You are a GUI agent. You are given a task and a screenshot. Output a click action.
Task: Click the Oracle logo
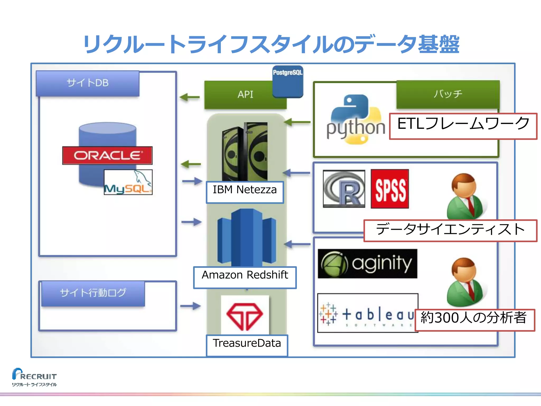coord(107,155)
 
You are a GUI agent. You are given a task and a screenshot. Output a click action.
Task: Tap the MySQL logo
coord(128,182)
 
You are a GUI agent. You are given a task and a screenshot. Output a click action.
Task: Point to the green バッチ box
coord(448,94)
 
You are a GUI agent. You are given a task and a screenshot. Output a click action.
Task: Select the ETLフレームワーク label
coord(463,126)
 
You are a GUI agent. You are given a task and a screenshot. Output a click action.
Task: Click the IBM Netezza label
coord(245,192)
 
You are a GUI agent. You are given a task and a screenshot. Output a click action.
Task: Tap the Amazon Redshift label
coord(245,277)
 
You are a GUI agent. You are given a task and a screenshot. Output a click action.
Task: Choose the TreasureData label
coord(247,345)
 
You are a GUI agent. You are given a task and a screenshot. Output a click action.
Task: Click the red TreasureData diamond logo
coord(245,316)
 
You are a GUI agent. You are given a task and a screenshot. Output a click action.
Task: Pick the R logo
coord(344,189)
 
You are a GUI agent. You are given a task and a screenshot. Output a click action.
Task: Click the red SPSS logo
coord(390,189)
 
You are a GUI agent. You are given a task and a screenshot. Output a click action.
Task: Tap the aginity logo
coord(367,264)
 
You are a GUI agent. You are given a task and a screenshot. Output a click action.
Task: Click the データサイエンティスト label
coord(450,230)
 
